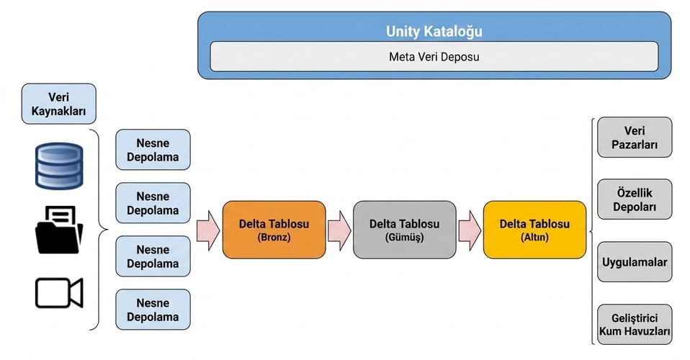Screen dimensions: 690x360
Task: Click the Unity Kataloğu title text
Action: click(x=434, y=31)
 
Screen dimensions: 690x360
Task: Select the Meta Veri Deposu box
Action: click(x=434, y=57)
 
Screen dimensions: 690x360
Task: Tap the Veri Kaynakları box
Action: click(x=58, y=104)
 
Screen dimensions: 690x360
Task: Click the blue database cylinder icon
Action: click(x=59, y=166)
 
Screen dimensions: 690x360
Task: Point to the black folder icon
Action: click(x=59, y=230)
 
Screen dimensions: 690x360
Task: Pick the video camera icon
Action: click(x=59, y=292)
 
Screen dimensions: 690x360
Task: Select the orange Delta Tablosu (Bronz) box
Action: click(x=274, y=230)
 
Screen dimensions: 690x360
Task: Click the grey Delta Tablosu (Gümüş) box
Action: click(x=404, y=230)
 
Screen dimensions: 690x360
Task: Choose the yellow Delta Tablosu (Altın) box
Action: click(x=534, y=230)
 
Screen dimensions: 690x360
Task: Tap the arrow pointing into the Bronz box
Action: click(x=207, y=230)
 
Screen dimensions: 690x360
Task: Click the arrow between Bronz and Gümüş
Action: click(x=339, y=230)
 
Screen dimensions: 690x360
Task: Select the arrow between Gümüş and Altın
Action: click(x=470, y=230)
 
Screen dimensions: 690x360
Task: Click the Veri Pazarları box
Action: click(x=635, y=138)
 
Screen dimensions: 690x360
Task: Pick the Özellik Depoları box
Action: click(x=635, y=199)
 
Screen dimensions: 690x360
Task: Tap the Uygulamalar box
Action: click(x=635, y=262)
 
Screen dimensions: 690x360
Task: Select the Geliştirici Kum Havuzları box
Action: click(x=635, y=324)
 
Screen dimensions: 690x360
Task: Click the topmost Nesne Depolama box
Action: click(x=153, y=150)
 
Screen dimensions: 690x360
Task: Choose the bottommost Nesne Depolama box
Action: click(x=153, y=310)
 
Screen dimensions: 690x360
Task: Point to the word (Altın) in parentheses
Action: click(x=534, y=237)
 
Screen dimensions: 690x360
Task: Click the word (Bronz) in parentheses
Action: click(x=274, y=237)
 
